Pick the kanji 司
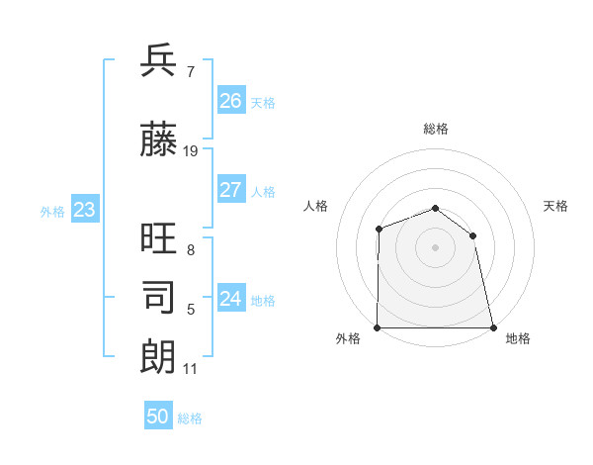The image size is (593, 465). (159, 296)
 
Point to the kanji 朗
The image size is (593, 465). (159, 355)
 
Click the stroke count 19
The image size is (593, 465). (191, 151)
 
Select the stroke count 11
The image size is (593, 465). (191, 369)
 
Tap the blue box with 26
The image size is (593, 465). (231, 101)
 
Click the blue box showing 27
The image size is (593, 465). (231, 190)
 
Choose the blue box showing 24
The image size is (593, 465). (231, 299)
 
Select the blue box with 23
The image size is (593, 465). (85, 210)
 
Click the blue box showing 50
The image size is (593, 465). (158, 417)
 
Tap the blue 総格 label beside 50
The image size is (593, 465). (190, 418)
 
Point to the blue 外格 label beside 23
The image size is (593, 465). (52, 211)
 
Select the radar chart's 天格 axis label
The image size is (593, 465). (556, 206)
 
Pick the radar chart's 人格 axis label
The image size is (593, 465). (315, 206)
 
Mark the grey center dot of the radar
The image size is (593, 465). (435, 247)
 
